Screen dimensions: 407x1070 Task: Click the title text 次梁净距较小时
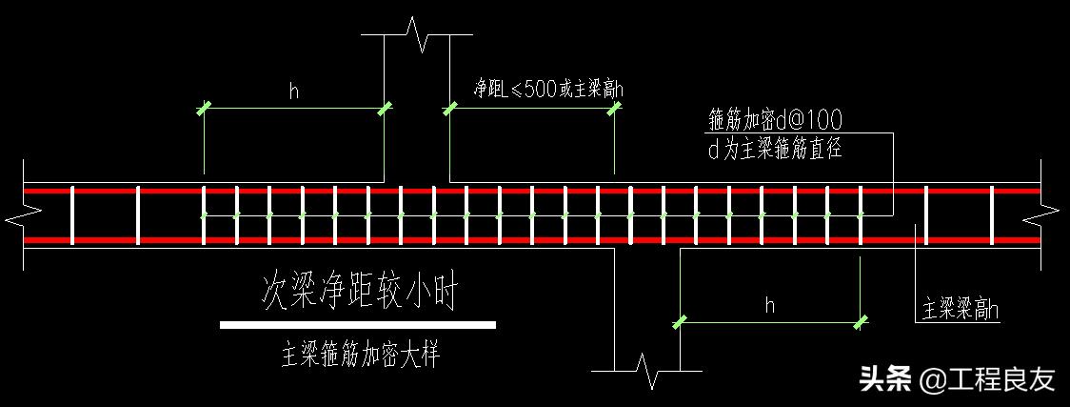pyautogui.click(x=358, y=295)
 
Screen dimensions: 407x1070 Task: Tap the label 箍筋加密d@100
pyautogui.click(x=775, y=120)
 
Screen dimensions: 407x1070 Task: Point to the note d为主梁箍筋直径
pyautogui.click(x=775, y=149)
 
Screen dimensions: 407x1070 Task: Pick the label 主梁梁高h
pyautogui.click(x=961, y=311)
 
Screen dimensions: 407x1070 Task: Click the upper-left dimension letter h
pyautogui.click(x=294, y=92)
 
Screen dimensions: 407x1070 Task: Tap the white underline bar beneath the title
pyautogui.click(x=357, y=325)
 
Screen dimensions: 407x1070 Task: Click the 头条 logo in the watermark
pyautogui.click(x=883, y=378)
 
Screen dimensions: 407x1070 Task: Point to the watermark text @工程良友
pyautogui.click(x=987, y=379)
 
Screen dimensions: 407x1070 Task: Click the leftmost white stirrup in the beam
pyautogui.click(x=71, y=215)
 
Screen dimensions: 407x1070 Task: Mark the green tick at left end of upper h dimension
pyautogui.click(x=204, y=110)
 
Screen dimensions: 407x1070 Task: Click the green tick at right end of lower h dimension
pyautogui.click(x=861, y=322)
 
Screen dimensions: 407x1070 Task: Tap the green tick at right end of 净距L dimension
pyautogui.click(x=614, y=110)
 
